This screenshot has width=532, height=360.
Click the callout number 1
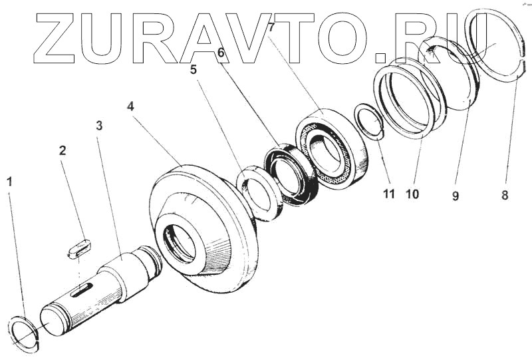pyautogui.click(x=9, y=181)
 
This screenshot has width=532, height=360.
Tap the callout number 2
pyautogui.click(x=63, y=150)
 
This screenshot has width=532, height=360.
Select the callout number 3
pyautogui.click(x=98, y=125)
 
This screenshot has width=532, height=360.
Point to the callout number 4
pyautogui.click(x=131, y=106)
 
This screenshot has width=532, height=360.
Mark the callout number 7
pyautogui.click(x=271, y=28)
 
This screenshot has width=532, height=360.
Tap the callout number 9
pyautogui.click(x=456, y=196)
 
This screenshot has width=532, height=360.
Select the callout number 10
pyautogui.click(x=412, y=194)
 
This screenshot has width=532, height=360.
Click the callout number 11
pyautogui.click(x=388, y=194)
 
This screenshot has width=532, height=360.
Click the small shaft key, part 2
pyautogui.click(x=78, y=248)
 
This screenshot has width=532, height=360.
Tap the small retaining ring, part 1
pyautogui.click(x=24, y=335)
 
